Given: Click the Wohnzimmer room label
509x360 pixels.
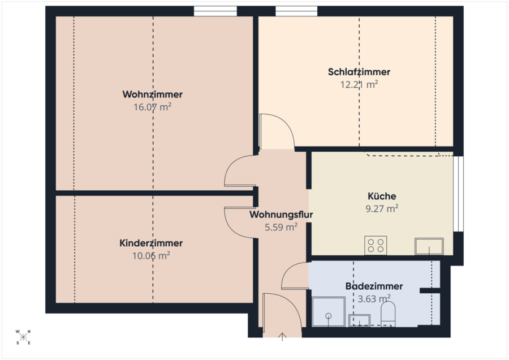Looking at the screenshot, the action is (x=152, y=95).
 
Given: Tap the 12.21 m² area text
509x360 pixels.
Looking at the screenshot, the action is (x=359, y=84).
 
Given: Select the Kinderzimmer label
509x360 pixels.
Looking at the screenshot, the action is (x=151, y=243).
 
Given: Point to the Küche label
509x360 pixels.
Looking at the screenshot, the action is (x=382, y=196).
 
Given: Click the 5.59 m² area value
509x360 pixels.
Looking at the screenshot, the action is (x=281, y=227).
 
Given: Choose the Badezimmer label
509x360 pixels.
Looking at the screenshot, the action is (x=374, y=286).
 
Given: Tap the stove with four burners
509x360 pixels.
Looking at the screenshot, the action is (x=376, y=245).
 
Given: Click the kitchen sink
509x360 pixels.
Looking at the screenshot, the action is (x=429, y=246).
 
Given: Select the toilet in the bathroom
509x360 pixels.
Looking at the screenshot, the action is (x=388, y=314).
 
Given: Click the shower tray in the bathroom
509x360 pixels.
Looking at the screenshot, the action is (x=328, y=311).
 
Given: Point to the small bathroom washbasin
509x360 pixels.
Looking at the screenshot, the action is (x=359, y=320).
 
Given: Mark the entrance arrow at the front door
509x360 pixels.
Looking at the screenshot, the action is (x=282, y=337).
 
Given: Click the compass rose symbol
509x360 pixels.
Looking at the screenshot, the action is (x=23, y=337).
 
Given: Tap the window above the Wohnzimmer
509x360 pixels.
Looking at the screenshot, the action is (x=215, y=11).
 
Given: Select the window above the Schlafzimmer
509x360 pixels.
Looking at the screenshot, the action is (x=296, y=11).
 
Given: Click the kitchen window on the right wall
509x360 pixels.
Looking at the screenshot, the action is (x=458, y=194).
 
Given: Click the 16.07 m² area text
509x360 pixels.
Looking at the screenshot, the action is (x=152, y=107).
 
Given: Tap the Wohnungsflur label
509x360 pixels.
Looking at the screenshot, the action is (x=281, y=215).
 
